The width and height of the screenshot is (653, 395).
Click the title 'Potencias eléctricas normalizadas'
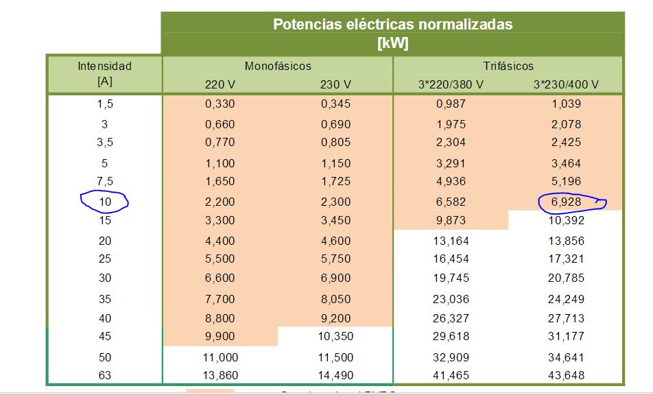[x=392, y=24]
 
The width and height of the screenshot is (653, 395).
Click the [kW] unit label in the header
[x=392, y=43]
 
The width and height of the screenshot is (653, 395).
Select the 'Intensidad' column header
[x=104, y=67]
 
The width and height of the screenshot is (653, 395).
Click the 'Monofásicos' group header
[x=278, y=67]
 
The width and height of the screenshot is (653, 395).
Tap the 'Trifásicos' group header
[x=508, y=67]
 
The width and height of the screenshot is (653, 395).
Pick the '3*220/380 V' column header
[x=451, y=85]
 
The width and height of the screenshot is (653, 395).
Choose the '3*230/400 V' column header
[x=566, y=85]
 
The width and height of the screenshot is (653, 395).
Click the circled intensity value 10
[x=104, y=202]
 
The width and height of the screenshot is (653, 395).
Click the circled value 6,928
[x=566, y=202]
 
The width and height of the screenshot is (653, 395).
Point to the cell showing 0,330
[x=219, y=104]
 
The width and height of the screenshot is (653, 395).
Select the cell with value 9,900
[x=219, y=337]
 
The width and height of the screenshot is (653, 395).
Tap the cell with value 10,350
[x=335, y=337]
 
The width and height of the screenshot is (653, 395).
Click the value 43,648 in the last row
[x=566, y=376]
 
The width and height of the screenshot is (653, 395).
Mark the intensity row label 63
[x=104, y=376]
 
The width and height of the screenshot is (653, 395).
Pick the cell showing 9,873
[x=451, y=221]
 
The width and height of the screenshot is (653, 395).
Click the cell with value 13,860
[x=219, y=376]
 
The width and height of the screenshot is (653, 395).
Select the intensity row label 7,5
[x=104, y=182]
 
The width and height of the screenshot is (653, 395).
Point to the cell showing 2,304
[x=451, y=143]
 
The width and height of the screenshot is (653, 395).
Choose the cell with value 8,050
[x=335, y=300]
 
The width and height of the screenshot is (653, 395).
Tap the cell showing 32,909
[x=451, y=357]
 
